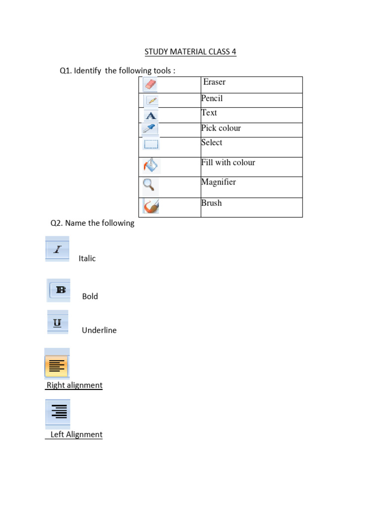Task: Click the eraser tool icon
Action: point(150,84)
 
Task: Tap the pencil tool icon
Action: point(152,101)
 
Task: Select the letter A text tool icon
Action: point(150,116)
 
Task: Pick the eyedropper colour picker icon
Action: point(149,129)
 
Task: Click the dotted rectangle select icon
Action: point(150,144)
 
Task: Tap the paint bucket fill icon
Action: point(151,165)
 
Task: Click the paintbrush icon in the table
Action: point(150,205)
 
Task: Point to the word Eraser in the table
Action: point(214,82)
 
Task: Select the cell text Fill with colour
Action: point(228,162)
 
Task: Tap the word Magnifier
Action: point(218,182)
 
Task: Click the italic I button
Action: point(58,250)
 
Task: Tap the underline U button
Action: point(58,323)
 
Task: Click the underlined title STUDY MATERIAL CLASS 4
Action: point(190,52)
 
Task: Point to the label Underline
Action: point(99,330)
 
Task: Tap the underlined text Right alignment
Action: point(74,385)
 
